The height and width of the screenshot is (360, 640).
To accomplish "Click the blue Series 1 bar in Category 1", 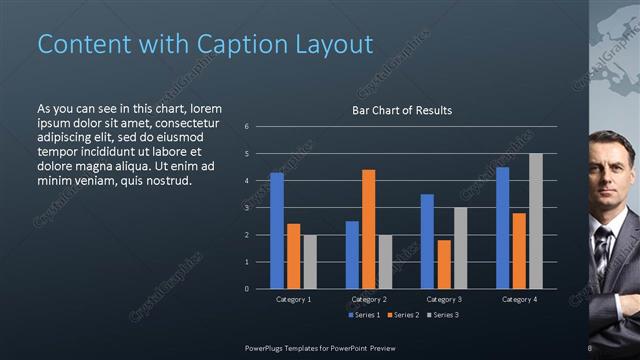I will click(x=277, y=230).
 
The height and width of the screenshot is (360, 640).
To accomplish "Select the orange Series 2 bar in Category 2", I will click(x=368, y=229).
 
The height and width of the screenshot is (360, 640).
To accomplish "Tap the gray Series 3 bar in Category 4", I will click(x=536, y=221).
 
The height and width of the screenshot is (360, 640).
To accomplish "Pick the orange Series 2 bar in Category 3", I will click(x=443, y=264).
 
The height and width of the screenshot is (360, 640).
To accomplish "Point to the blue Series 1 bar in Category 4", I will click(x=502, y=227).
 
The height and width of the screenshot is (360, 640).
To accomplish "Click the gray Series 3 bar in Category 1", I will click(x=310, y=261).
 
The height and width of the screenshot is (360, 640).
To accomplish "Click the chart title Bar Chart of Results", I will click(x=401, y=110).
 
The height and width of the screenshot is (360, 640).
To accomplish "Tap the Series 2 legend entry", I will click(x=402, y=315).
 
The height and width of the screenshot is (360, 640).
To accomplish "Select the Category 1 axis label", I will click(x=293, y=299).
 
